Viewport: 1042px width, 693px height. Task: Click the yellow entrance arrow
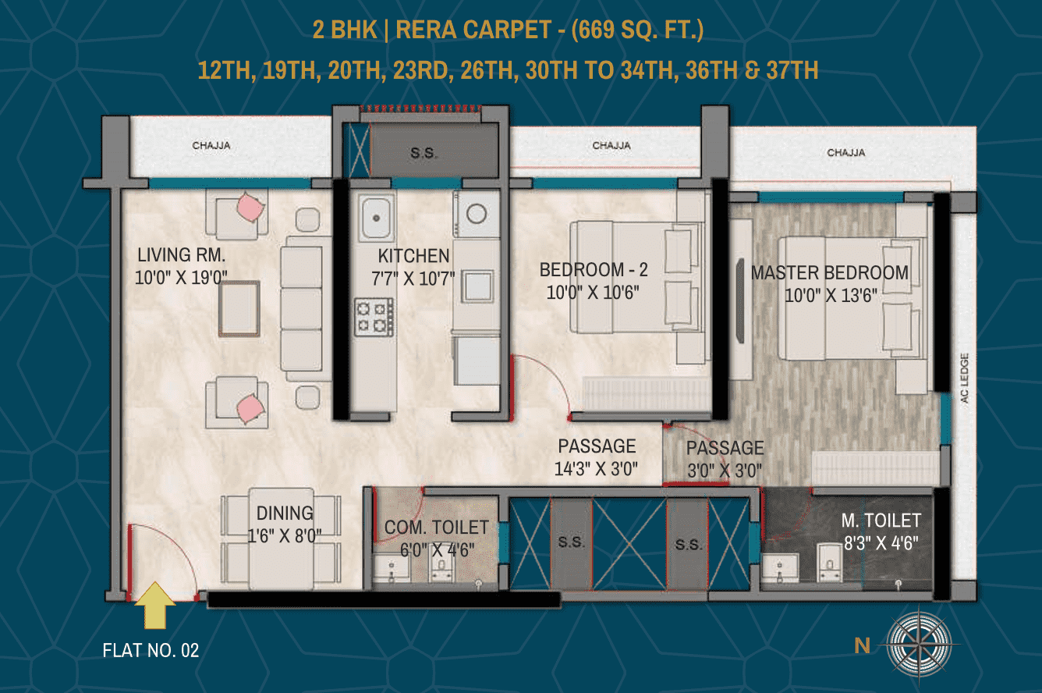[155, 606]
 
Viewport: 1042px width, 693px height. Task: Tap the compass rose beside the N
[919, 645]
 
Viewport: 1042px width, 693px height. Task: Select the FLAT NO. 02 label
[151, 650]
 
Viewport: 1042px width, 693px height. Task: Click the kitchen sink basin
[377, 217]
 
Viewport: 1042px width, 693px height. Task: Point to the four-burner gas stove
[374, 317]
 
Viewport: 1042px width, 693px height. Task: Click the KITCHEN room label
[413, 256]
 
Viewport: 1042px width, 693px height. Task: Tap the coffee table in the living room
[239, 308]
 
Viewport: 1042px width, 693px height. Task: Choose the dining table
[281, 538]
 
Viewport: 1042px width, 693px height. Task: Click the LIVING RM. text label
[182, 255]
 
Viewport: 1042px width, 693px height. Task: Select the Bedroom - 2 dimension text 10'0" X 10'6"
[593, 293]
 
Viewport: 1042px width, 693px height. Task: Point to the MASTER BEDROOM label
[829, 272]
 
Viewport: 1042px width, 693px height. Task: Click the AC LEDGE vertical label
[965, 378]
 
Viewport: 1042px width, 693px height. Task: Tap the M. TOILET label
[881, 521]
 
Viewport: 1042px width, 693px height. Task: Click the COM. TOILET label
[436, 528]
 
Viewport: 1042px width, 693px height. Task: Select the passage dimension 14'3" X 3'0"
[596, 469]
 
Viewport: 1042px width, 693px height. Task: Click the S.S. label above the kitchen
[423, 153]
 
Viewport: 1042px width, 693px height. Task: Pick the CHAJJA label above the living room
[211, 146]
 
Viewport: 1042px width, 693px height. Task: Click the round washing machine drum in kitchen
[477, 214]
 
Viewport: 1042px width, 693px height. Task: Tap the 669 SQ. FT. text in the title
[637, 30]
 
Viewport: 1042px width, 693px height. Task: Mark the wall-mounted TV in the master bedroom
[740, 301]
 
